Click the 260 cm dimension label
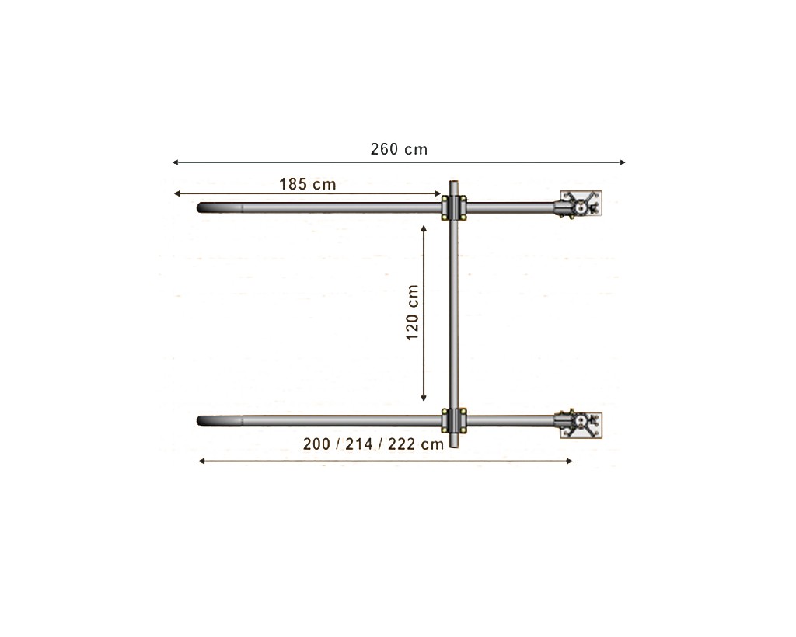(x=399, y=149)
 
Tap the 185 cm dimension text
(x=308, y=184)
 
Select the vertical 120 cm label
(x=413, y=312)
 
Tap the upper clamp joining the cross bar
(x=454, y=208)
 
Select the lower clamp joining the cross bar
(x=454, y=420)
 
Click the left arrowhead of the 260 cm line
(x=175, y=162)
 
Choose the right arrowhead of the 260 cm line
(x=623, y=162)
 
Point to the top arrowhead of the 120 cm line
(x=424, y=229)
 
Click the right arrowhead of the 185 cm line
(x=438, y=193)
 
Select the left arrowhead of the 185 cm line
(x=177, y=193)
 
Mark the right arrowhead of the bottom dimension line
(x=570, y=461)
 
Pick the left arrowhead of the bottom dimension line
(x=202, y=461)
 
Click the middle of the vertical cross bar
(x=454, y=315)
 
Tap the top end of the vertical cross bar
(x=454, y=184)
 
